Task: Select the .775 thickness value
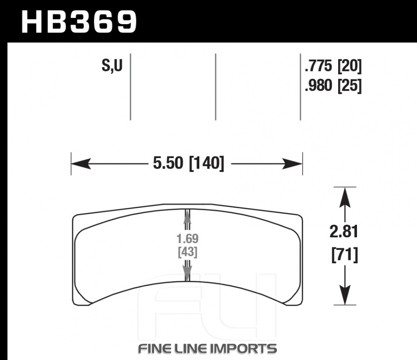(x=319, y=66)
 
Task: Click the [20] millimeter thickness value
(x=349, y=66)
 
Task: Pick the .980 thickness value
(x=319, y=86)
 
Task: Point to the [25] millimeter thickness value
(x=349, y=86)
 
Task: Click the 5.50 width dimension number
(x=168, y=163)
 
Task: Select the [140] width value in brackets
(x=206, y=163)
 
